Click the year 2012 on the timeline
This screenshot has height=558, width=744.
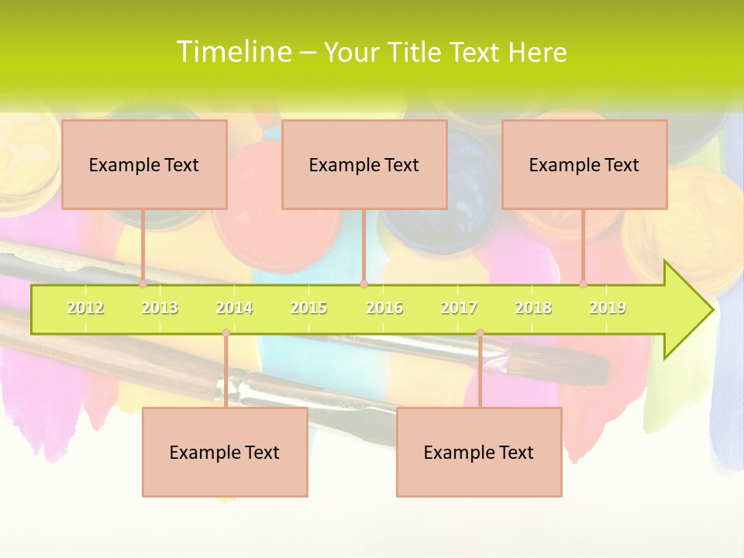[85, 308]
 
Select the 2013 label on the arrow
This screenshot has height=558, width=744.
[160, 308]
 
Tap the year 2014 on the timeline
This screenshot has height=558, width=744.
[234, 308]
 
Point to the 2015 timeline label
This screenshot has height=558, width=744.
[308, 308]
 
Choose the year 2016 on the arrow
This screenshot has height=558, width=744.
[384, 308]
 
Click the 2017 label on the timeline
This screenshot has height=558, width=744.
[459, 308]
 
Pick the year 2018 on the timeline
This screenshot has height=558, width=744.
[533, 308]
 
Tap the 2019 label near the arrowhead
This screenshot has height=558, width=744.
[608, 308]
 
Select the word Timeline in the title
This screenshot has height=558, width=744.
[233, 52]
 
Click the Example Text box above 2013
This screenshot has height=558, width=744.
[144, 164]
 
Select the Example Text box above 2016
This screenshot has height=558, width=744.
[364, 164]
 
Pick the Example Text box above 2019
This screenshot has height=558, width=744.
[584, 164]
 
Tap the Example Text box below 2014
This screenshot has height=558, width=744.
[225, 452]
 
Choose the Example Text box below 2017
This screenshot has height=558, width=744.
[479, 452]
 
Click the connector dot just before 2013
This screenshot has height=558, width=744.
[143, 284]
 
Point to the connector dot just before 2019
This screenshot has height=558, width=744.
[584, 284]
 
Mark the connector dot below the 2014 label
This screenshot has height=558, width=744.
[226, 332]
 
